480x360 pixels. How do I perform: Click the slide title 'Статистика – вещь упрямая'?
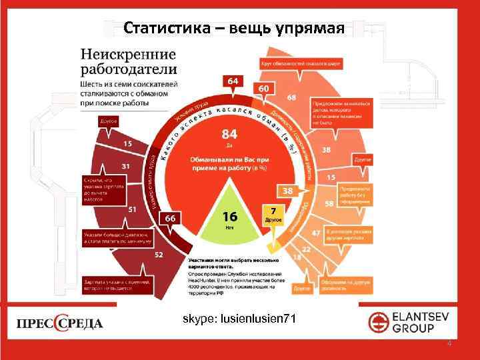tap(233, 28)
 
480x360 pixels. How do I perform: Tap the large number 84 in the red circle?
tap(230, 134)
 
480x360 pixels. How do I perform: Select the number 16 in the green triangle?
tap(229, 216)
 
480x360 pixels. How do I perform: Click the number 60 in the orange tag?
tap(264, 89)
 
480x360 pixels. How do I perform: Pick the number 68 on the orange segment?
tap(291, 98)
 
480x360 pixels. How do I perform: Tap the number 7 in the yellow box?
tap(273, 211)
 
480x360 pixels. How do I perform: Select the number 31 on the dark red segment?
tap(125, 165)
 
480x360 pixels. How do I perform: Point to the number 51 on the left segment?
tap(133, 209)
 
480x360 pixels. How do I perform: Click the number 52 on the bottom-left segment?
tap(159, 254)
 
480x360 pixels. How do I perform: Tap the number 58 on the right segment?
tap(329, 203)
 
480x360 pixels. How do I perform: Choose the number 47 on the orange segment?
tap(317, 233)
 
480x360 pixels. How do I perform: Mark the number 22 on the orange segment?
tap(306, 249)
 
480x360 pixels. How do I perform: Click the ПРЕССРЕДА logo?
tap(60, 323)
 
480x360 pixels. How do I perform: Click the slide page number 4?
tap(449, 344)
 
